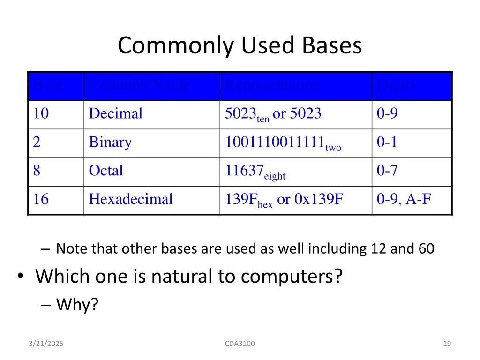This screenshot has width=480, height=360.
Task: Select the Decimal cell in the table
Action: coord(115,114)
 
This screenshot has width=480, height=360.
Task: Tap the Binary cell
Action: coord(110,142)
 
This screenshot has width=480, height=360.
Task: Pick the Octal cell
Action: coord(106,171)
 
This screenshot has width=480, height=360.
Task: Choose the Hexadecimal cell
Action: coord(131,199)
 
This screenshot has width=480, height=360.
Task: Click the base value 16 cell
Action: coord(41,199)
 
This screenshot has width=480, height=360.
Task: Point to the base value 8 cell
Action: coord(37,171)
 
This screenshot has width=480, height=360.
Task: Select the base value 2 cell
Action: coord(37,142)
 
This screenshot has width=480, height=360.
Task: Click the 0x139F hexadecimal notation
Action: coord(319,199)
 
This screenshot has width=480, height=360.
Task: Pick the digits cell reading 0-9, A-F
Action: coord(404,199)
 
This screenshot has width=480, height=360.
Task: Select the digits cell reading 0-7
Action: coord(387,171)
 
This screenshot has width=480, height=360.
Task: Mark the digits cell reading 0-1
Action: coord(387,142)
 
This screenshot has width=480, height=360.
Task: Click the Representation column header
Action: coord(273,86)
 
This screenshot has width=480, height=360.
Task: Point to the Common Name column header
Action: coord(139,86)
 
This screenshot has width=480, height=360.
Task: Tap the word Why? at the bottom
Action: coord(77,305)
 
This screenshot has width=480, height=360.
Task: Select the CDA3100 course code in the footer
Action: coord(240,344)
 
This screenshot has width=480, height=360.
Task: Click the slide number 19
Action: coord(447,344)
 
